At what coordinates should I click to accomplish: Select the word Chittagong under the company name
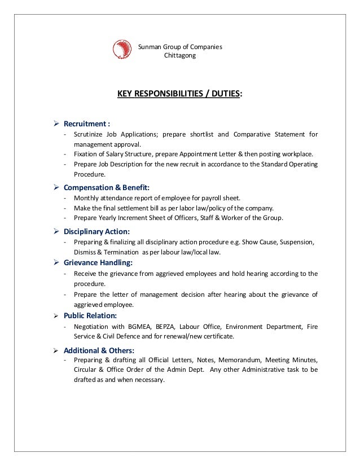(x=180, y=56)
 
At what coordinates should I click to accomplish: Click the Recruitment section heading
(x=87, y=124)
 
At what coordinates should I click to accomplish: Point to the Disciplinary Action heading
(x=96, y=231)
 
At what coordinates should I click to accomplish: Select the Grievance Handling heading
(x=98, y=262)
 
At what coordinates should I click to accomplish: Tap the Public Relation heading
(x=90, y=315)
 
